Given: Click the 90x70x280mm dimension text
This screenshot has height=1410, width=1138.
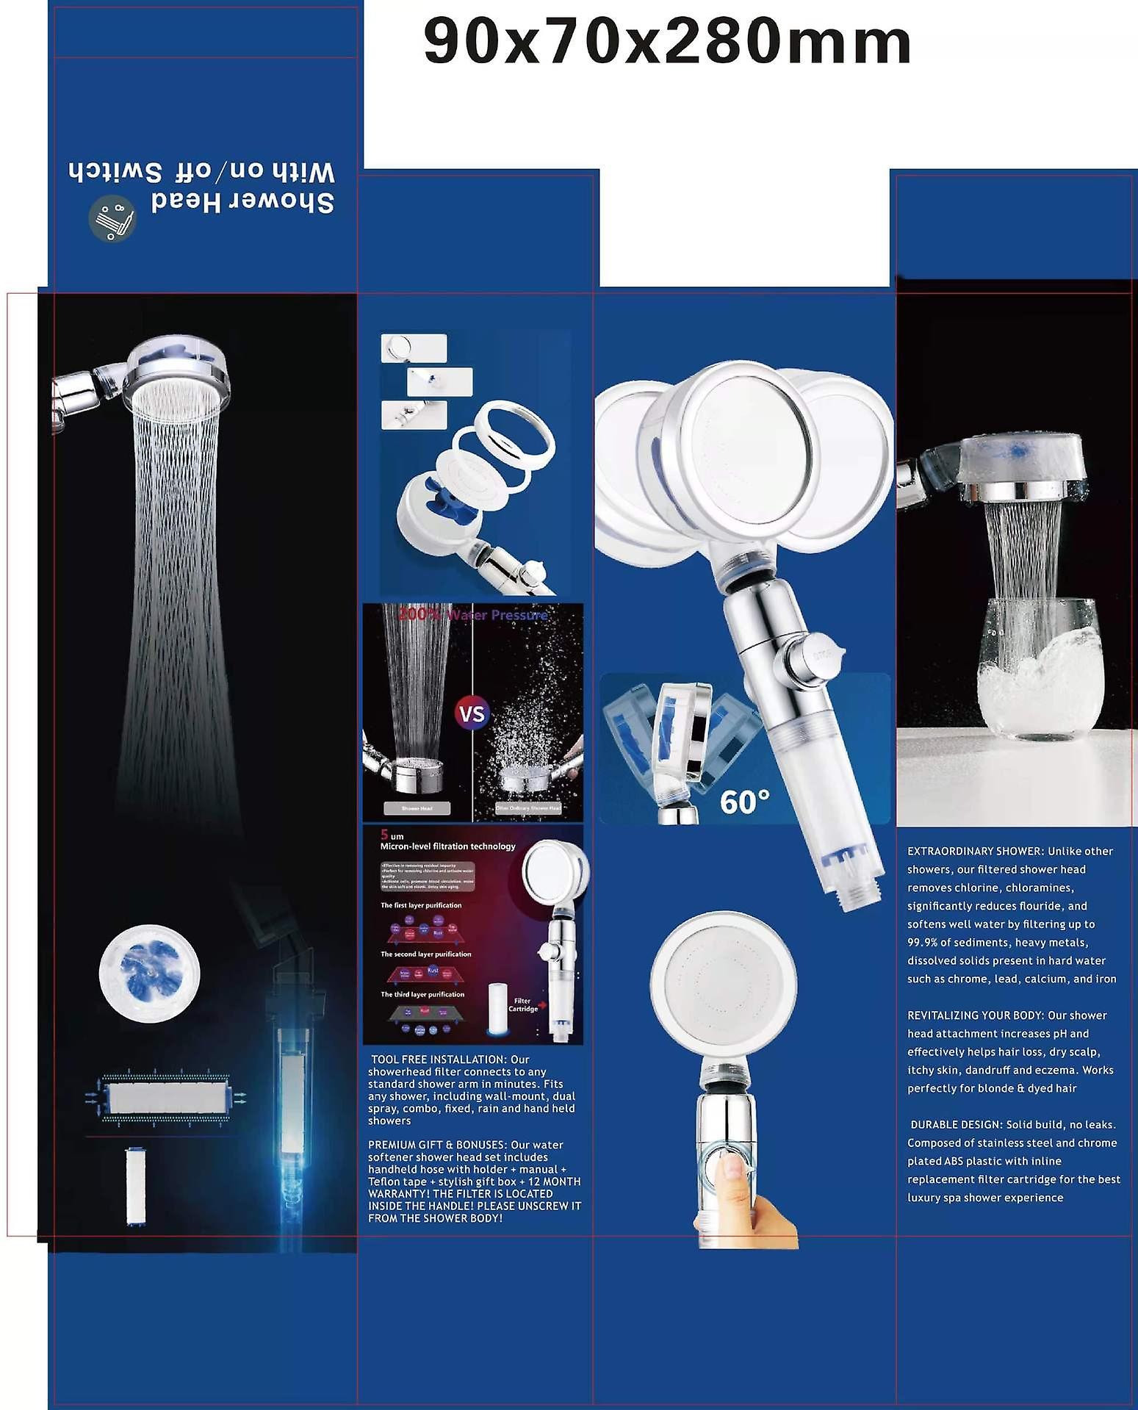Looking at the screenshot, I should (x=666, y=43).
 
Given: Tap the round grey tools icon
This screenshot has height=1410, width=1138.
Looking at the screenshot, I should (x=112, y=218).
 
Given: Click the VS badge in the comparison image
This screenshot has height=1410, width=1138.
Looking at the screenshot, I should (x=472, y=713).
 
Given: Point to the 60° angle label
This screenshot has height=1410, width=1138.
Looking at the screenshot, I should (x=744, y=802).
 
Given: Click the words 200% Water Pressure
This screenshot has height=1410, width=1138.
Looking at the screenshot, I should (x=472, y=615).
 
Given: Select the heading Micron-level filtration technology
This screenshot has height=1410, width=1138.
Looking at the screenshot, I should (x=447, y=846).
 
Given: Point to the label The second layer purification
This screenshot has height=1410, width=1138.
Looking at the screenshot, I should (x=425, y=954).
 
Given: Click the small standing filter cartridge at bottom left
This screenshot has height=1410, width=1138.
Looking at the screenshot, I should (x=135, y=1186).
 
